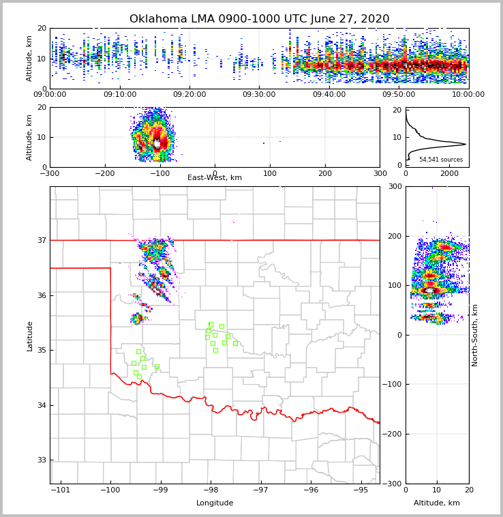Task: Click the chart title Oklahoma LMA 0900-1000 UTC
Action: click(x=259, y=19)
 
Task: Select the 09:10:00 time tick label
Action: click(x=120, y=95)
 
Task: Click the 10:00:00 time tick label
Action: click(x=468, y=95)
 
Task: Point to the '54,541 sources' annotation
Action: click(x=441, y=160)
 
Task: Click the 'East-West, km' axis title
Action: click(x=215, y=178)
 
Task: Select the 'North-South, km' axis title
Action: click(x=475, y=335)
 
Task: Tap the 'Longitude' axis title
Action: click(x=215, y=503)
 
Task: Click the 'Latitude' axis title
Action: click(x=29, y=336)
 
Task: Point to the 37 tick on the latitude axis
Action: click(x=42, y=240)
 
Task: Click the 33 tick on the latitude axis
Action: click(x=42, y=460)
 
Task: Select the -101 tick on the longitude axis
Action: click(x=61, y=490)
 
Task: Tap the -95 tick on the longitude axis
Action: click(x=361, y=490)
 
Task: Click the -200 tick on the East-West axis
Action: click(x=104, y=173)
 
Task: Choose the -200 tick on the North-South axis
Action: click(x=393, y=434)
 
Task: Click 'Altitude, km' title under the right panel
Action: click(x=437, y=503)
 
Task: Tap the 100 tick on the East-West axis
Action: click(x=270, y=173)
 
